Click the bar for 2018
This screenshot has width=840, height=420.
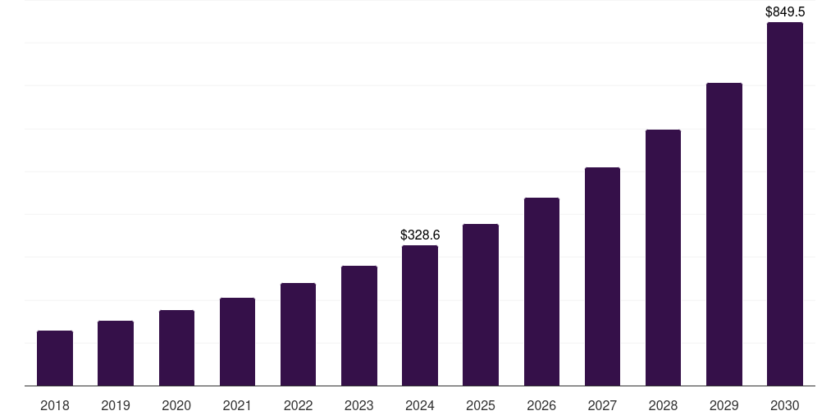(55, 358)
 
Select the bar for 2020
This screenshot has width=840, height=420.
(176, 348)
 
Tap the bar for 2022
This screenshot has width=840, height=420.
(298, 335)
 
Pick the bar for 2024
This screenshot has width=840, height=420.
(420, 316)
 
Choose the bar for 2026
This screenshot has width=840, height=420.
(541, 292)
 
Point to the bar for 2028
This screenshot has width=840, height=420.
(663, 258)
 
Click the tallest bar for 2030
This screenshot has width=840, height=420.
(784, 204)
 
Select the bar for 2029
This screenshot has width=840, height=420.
(724, 235)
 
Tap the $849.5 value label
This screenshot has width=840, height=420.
(784, 11)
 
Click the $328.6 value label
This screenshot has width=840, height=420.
(420, 235)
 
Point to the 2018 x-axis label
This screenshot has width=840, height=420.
(55, 405)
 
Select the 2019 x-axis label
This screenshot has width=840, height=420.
(116, 405)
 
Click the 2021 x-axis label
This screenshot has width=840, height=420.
(237, 405)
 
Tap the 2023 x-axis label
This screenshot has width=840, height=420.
(358, 405)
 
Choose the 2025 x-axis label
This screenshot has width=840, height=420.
(481, 405)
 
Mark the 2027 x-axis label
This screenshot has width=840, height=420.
(602, 405)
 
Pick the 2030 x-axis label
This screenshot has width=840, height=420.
(784, 405)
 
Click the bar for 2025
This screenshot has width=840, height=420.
(481, 305)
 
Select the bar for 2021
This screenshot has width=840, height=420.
(237, 342)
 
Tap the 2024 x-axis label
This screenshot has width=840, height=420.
(420, 405)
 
